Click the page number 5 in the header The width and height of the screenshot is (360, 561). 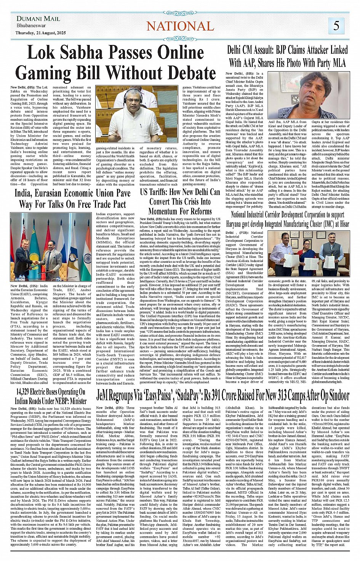point(336,26)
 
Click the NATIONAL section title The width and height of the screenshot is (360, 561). point(180,26)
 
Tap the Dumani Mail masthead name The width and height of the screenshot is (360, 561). point(38,18)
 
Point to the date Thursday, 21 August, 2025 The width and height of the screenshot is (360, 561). point(40,33)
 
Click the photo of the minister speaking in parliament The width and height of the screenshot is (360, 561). point(136,114)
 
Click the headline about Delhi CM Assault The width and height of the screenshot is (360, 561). point(287,56)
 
